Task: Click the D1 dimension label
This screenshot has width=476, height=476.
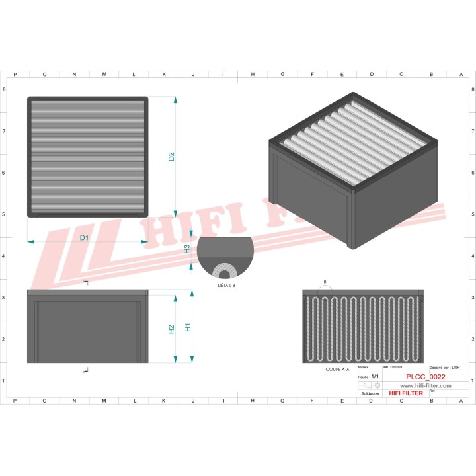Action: click(84, 237)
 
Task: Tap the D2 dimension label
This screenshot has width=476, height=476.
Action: click(171, 157)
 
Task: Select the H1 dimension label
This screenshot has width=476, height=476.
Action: click(188, 327)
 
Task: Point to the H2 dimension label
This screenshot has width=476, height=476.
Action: click(171, 329)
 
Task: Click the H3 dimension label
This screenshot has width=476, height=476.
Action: click(187, 249)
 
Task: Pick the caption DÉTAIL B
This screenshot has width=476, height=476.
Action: click(225, 284)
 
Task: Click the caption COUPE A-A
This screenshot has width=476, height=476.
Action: click(337, 370)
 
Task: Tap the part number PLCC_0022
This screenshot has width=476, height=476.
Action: click(425, 377)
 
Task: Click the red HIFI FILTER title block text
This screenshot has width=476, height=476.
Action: click(405, 393)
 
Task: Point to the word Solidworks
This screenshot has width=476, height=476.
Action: click(368, 393)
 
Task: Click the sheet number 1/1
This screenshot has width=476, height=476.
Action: click(375, 376)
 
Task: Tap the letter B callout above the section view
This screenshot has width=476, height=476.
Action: click(325, 282)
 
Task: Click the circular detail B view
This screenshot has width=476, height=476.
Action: click(225, 257)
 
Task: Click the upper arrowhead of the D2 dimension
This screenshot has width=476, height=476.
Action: click(175, 100)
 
